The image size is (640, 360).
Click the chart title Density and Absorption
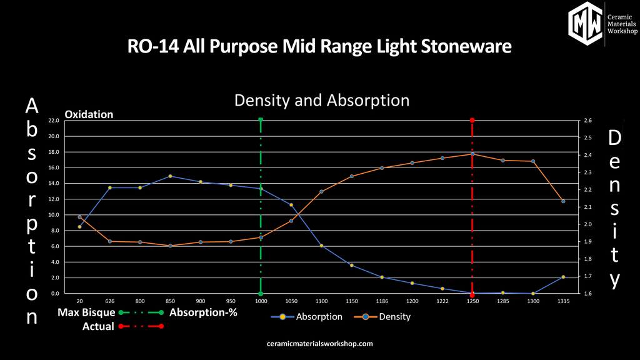coord(322,100)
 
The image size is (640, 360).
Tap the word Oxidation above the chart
coord(89,114)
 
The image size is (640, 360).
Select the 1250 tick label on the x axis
coord(472,301)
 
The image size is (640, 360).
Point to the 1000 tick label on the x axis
coord(261,301)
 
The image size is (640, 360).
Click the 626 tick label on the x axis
coord(110,301)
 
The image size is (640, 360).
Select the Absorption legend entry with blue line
coord(307,317)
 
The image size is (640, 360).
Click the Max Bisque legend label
coord(86,312)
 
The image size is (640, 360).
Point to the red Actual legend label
coord(98,326)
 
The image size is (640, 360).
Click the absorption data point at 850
coord(170,176)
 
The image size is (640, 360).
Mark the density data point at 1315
coord(563,201)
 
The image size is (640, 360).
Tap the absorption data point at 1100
coord(321,246)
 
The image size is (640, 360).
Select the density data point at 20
coord(79,217)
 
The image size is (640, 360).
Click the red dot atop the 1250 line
coord(472,120)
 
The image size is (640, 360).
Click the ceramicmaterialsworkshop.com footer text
coord(319,344)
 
